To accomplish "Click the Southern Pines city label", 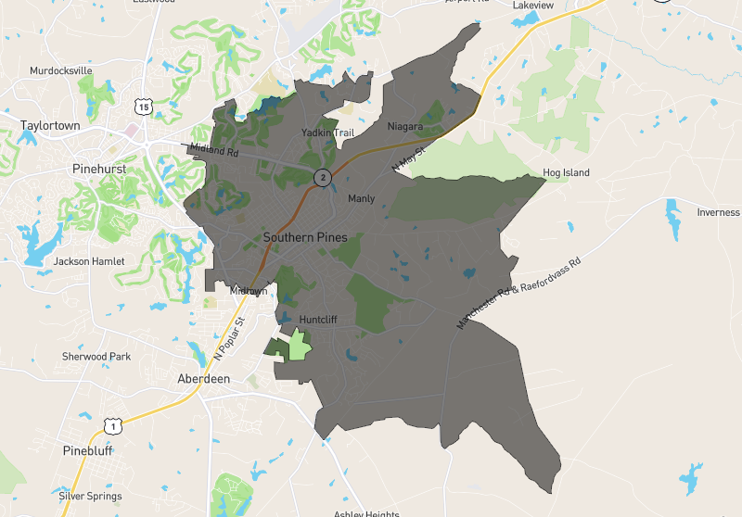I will pyautogui.click(x=305, y=237).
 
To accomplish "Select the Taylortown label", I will pyautogui.click(x=51, y=125).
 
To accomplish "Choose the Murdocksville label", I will pyautogui.click(x=61, y=70).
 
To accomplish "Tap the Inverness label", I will pyautogui.click(x=718, y=212).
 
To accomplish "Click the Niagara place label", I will pyautogui.click(x=405, y=126).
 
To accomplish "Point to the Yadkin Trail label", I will pyautogui.click(x=328, y=133).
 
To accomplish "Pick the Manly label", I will pyautogui.click(x=361, y=198).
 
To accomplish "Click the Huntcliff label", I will pyautogui.click(x=317, y=320).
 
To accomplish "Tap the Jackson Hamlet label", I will pyautogui.click(x=89, y=261).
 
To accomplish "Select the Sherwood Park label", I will pyautogui.click(x=96, y=356).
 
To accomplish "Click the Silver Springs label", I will pyautogui.click(x=90, y=496).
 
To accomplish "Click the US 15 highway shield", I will pyautogui.click(x=143, y=107).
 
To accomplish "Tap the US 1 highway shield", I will pyautogui.click(x=112, y=425).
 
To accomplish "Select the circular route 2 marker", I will pyautogui.click(x=322, y=177).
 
